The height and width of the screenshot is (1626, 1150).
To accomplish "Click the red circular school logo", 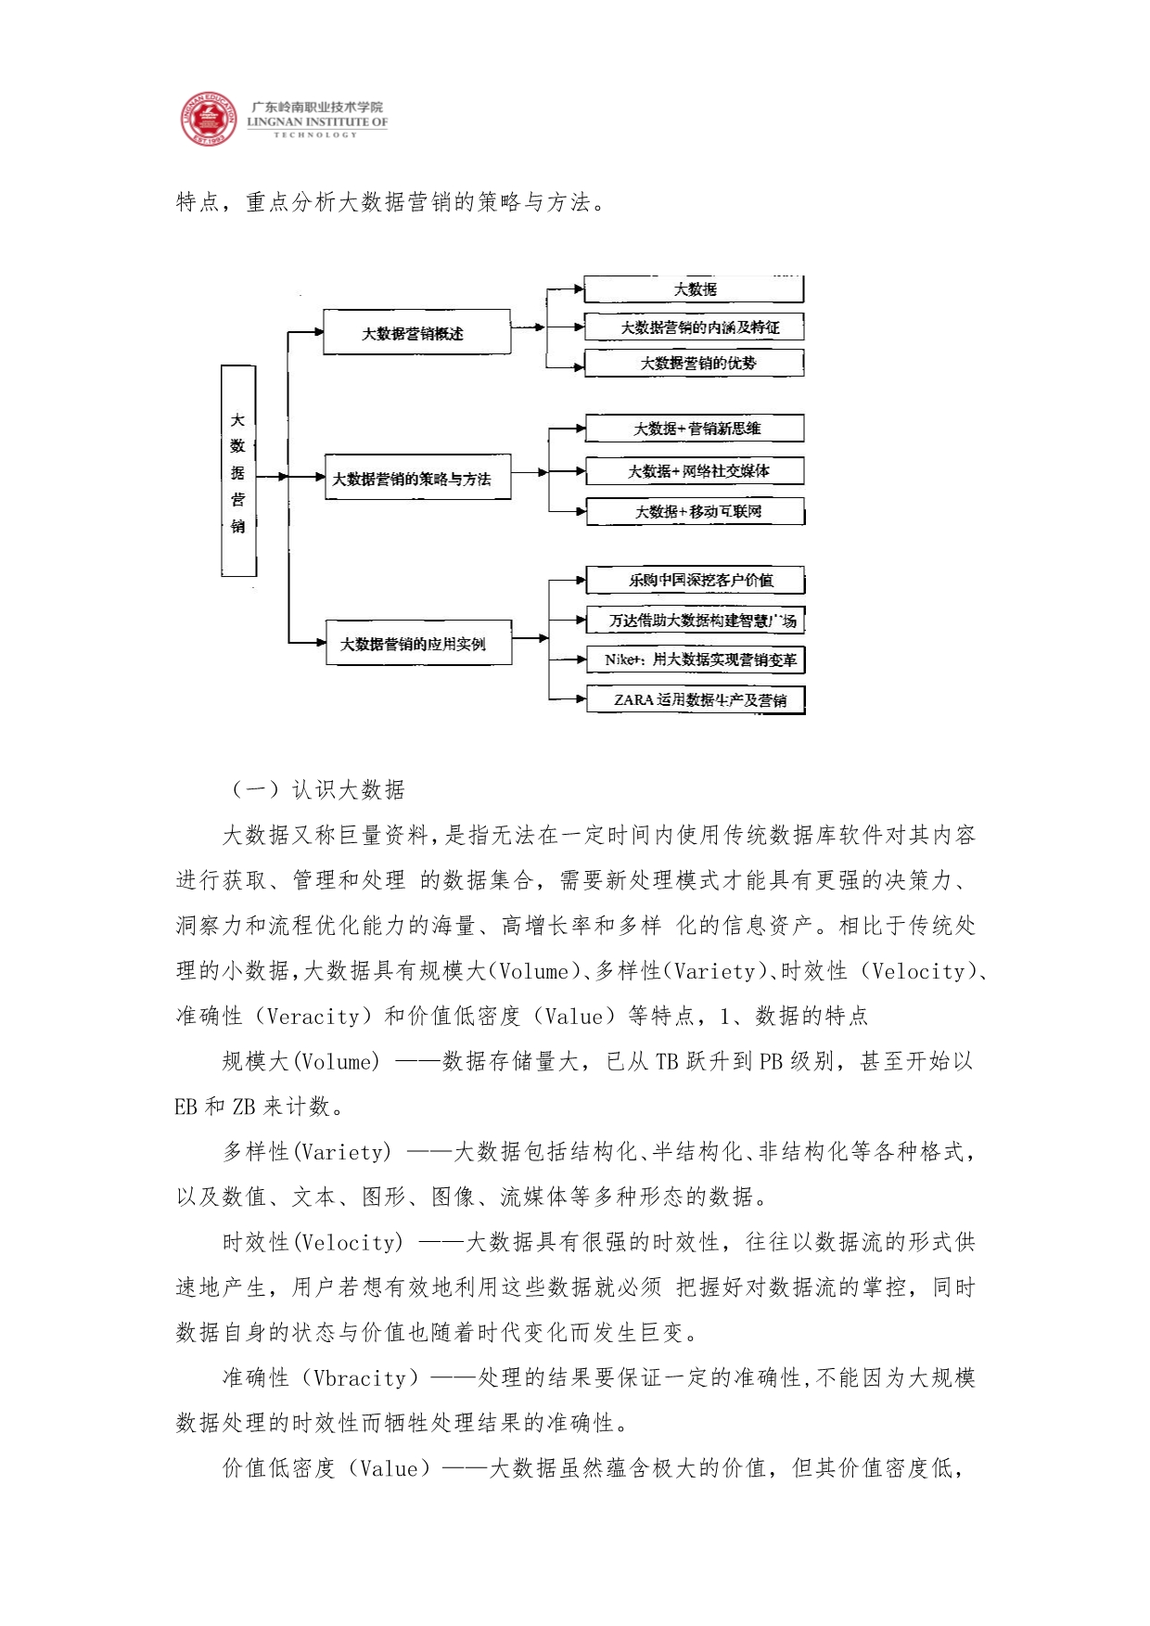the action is tap(208, 119).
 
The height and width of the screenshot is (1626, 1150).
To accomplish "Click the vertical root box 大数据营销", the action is tap(238, 471).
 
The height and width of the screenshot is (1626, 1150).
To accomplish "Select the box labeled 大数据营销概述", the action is tap(416, 332).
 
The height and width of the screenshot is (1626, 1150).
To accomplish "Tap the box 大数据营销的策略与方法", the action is tap(417, 478).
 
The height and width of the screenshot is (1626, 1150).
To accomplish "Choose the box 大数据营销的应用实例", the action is tap(418, 643).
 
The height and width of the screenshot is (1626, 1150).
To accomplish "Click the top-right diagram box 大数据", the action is tap(694, 289).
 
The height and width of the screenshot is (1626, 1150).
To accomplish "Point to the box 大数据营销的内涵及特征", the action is tap(694, 327).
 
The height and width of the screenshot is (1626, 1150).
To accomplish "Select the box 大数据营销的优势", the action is tap(695, 363).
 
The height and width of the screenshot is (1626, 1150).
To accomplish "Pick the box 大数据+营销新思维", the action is tap(695, 429).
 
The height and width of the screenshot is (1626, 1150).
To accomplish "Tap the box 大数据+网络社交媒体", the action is tap(695, 470).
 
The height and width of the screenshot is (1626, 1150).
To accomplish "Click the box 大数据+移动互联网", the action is tap(696, 511).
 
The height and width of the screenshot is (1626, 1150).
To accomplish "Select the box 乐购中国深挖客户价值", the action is tap(696, 580).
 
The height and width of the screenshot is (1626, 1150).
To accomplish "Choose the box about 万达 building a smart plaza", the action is tap(696, 621).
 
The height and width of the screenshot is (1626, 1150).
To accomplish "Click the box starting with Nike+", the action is tap(696, 659).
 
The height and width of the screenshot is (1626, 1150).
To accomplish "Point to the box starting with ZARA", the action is tap(696, 699).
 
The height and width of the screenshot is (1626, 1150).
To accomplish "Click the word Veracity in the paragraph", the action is tap(313, 1017).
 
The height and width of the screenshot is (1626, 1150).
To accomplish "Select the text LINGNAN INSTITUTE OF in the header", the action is tap(317, 122).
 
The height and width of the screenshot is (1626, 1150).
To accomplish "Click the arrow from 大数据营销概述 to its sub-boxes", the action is tap(529, 326).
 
